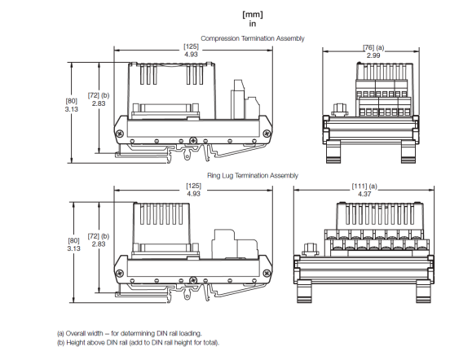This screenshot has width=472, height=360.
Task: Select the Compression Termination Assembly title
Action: click(x=252, y=38)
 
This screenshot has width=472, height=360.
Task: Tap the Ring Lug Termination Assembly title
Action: click(x=252, y=175)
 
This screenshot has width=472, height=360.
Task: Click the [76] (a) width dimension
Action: click(x=373, y=47)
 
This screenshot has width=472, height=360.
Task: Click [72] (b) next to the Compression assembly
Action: click(x=99, y=96)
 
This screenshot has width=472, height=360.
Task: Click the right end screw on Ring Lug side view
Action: click(x=266, y=271)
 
